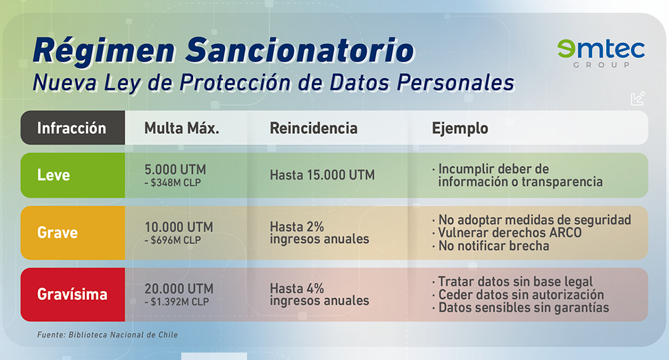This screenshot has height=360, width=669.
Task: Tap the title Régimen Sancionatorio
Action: pos(224,50)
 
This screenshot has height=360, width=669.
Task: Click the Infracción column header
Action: pos(71,128)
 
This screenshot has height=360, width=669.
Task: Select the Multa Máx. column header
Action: pos(182,128)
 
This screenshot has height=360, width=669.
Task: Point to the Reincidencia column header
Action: pos(314,128)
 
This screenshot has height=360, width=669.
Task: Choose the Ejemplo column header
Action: pos(460,128)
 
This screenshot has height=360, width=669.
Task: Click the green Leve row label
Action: pos(53,175)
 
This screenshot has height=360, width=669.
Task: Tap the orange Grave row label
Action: pos(58,232)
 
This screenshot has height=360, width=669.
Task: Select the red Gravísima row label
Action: pos(72,295)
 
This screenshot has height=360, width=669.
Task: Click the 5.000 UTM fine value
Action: pos(175,170)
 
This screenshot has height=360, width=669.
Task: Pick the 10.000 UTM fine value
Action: pos(179,227)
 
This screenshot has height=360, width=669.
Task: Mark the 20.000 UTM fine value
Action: pos(179,289)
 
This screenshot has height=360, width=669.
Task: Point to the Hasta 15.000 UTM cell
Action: pos(322,175)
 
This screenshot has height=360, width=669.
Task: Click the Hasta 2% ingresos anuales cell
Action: pos(319,232)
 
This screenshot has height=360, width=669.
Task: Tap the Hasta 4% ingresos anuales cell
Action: pos(319,295)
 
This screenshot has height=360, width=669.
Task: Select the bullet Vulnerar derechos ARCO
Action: pos(507,233)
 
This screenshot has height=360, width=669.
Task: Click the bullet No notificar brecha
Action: pos(490,246)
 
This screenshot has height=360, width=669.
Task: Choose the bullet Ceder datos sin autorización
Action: pos(518,295)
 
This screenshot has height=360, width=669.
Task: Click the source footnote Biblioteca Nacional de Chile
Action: pos(107,335)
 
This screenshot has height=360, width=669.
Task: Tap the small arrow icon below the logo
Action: pos(638,98)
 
